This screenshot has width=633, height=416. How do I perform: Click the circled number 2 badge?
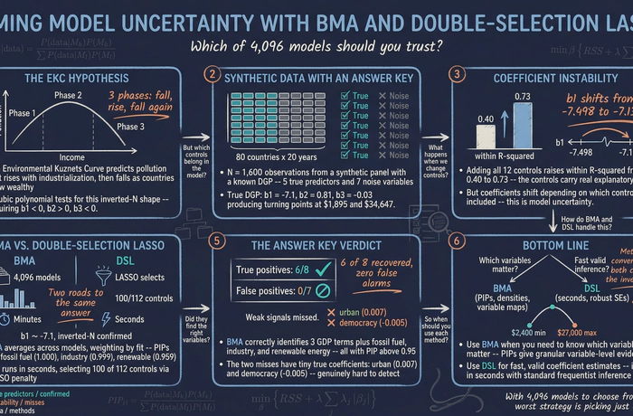[213, 75]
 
